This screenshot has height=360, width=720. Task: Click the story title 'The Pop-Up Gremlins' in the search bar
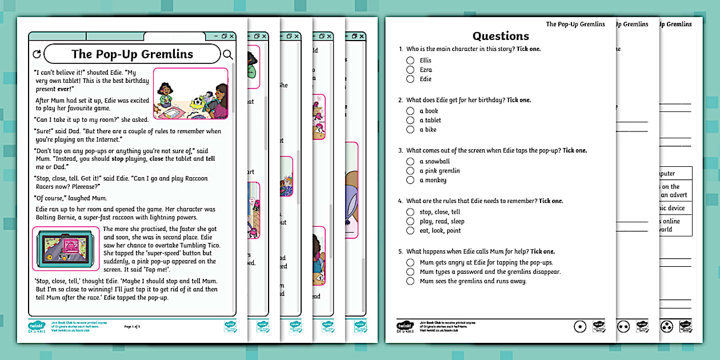pyautogui.click(x=132, y=54)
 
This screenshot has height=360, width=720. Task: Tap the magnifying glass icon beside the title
pyautogui.click(x=227, y=55)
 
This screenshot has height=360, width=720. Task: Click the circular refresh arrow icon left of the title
pyautogui.click(x=37, y=55)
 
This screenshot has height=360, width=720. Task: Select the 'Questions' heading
pyautogui.click(x=501, y=36)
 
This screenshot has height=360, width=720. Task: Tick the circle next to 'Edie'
pyautogui.click(x=410, y=79)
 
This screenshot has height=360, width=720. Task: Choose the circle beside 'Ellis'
pyautogui.click(x=410, y=61)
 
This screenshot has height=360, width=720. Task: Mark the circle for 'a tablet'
pyautogui.click(x=410, y=121)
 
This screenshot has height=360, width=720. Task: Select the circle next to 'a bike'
pyautogui.click(x=410, y=130)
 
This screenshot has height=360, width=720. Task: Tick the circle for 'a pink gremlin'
pyautogui.click(x=410, y=171)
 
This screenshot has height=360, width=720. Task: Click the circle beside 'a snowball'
pyautogui.click(x=410, y=162)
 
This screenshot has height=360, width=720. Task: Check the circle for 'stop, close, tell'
pyautogui.click(x=410, y=212)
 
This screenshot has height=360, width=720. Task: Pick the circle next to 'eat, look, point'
pyautogui.click(x=410, y=231)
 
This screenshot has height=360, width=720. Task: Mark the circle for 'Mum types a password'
pyautogui.click(x=410, y=272)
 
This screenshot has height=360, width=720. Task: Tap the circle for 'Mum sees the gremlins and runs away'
pyautogui.click(x=410, y=281)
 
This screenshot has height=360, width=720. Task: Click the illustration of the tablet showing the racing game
pyautogui.click(x=66, y=249)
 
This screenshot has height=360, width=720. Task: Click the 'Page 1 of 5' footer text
pyautogui.click(x=132, y=327)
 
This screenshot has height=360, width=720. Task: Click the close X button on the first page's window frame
pyautogui.click(x=231, y=37)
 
